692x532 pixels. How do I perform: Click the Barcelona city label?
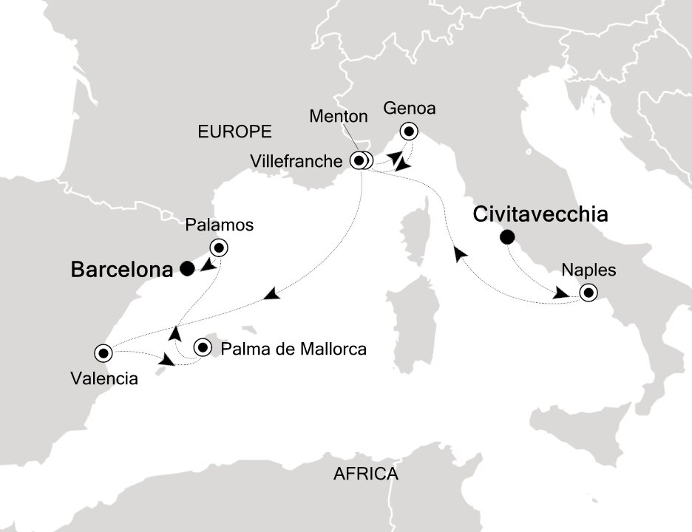click(121, 270)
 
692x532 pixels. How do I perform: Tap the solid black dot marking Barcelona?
click(187, 269)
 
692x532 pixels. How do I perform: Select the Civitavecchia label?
click(540, 215)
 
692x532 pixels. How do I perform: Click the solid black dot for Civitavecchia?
click(507, 237)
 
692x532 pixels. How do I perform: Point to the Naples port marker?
click(588, 293)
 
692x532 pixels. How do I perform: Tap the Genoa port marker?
click(409, 132)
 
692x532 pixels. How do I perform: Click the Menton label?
click(339, 116)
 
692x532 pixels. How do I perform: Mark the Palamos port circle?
click(220, 248)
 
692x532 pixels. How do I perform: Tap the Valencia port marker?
click(101, 351)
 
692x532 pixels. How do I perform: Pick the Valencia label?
click(104, 379)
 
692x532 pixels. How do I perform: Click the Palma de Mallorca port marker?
click(203, 347)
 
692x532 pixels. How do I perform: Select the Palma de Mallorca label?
click(294, 348)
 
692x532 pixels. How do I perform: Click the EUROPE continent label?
click(234, 132)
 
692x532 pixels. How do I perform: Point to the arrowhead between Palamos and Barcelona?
click(209, 265)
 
